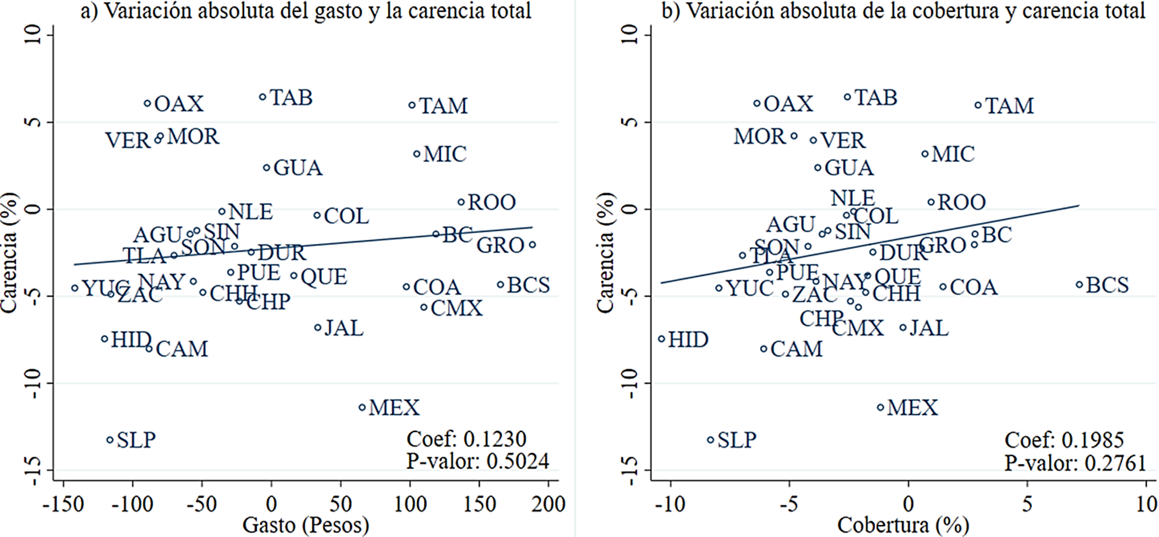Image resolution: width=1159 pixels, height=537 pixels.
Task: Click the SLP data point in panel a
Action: [110, 440]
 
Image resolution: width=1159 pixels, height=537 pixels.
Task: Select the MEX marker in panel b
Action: [880, 407]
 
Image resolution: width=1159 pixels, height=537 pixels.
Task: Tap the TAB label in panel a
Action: [291, 98]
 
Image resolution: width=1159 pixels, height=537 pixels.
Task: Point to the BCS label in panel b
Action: [1107, 285]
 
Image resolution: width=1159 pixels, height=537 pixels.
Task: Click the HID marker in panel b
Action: [662, 339]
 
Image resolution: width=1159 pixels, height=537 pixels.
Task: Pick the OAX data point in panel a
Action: [147, 103]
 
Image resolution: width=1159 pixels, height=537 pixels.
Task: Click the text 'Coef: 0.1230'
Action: [466, 439]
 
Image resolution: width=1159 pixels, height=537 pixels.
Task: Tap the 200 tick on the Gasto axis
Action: [549, 504]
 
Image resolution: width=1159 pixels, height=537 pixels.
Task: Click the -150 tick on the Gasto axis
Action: [63, 504]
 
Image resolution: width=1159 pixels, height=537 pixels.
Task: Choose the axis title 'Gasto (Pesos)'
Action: [306, 525]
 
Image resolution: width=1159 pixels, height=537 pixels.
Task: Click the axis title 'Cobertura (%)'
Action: [903, 525]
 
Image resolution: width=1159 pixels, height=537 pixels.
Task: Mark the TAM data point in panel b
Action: [978, 105]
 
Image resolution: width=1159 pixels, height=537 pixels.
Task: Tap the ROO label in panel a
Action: [492, 202]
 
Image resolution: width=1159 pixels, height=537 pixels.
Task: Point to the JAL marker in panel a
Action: [318, 327]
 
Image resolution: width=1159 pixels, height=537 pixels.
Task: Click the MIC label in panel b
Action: [953, 154]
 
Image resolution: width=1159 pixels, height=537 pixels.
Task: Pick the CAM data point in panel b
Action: [764, 349]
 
